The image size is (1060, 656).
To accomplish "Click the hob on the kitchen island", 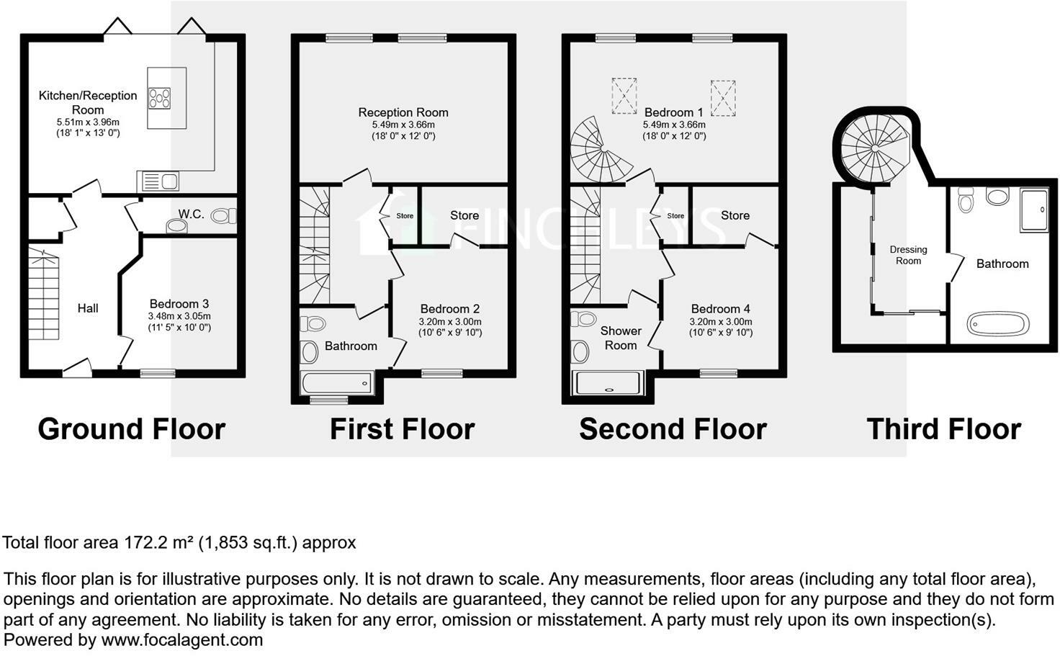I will [x=160, y=97].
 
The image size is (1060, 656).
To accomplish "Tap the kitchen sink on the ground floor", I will [x=160, y=181].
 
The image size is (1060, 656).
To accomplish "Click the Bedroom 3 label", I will [x=179, y=304].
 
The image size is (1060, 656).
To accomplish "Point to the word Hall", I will [x=88, y=308].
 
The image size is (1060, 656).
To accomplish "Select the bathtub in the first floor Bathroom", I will [x=336, y=382].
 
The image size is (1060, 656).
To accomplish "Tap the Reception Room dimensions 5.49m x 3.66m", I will [x=403, y=125].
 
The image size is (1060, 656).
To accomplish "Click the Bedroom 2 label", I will [x=450, y=309].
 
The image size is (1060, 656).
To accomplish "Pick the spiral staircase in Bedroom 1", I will [x=598, y=150].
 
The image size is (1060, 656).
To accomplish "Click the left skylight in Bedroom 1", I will [x=624, y=96].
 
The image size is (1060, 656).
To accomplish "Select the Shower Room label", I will [x=621, y=338].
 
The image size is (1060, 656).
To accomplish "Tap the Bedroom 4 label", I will [x=721, y=309].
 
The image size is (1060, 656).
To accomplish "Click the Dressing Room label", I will [x=908, y=255].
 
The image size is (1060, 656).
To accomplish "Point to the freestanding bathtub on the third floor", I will [x=997, y=324].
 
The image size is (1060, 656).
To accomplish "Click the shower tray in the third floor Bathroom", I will [x=1034, y=210].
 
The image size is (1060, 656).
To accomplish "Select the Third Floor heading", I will [x=943, y=429].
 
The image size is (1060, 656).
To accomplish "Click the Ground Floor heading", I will [x=131, y=429].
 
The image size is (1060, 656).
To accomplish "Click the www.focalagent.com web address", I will [x=181, y=639].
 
